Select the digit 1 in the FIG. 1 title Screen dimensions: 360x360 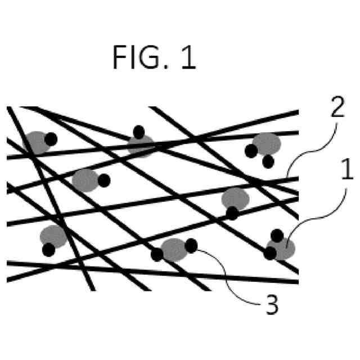[x=187, y=58]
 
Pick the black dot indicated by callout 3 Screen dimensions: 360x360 [x=191, y=245]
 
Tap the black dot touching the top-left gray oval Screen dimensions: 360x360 [x=51, y=138]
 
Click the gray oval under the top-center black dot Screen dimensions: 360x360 [x=141, y=145]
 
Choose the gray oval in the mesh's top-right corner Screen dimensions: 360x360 [x=267, y=143]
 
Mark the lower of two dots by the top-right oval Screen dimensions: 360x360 [x=268, y=161]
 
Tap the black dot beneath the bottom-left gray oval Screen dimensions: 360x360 [x=48, y=248]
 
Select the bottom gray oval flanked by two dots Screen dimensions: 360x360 [x=174, y=249]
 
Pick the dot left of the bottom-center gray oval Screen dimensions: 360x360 [x=157, y=254]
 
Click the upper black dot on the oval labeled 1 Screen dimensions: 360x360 [x=277, y=236]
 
